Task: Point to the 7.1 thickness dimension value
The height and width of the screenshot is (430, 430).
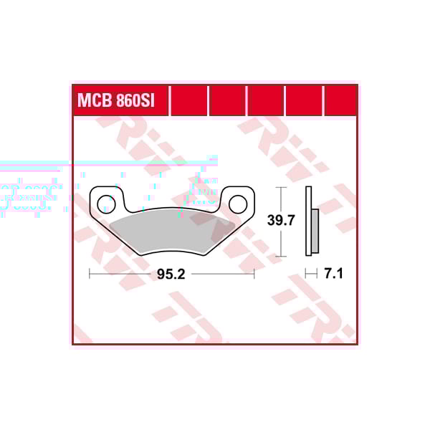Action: [x=334, y=273]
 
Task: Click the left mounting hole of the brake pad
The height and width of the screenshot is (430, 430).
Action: [x=106, y=203]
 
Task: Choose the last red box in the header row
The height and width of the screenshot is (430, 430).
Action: [x=341, y=100]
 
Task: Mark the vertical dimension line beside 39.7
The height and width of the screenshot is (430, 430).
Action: [x=282, y=221]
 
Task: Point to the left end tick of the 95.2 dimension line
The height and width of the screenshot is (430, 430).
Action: [x=89, y=273]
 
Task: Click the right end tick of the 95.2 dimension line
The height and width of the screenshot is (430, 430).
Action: [x=254, y=273]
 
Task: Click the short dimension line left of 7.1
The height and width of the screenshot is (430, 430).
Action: [x=312, y=273]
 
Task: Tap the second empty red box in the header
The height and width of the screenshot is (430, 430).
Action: [x=227, y=100]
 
